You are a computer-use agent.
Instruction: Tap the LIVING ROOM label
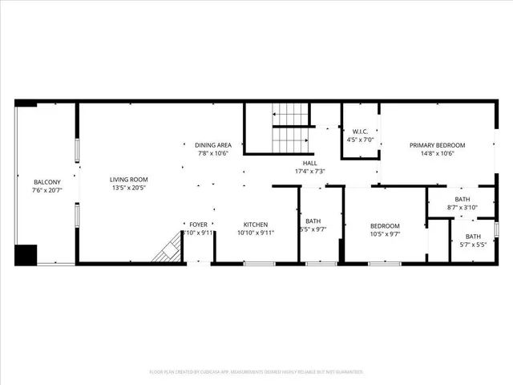pos(129,179)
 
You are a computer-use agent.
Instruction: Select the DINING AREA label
pos(213,145)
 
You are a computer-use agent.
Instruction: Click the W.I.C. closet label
pos(354,132)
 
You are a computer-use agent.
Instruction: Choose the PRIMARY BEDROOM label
pos(432,145)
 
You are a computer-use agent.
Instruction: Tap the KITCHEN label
pos(256,225)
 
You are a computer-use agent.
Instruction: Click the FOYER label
pos(198,225)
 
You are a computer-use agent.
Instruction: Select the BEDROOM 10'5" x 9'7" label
pos(385,225)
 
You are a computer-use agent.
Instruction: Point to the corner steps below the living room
pos(167,250)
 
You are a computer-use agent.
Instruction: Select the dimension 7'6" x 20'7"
pos(46,190)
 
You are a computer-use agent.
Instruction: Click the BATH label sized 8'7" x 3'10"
pos(463,199)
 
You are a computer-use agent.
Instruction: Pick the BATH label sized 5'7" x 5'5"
pos(474,236)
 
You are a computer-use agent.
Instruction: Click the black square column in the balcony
pos(26,254)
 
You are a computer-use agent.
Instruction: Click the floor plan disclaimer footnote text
pos(256,371)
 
